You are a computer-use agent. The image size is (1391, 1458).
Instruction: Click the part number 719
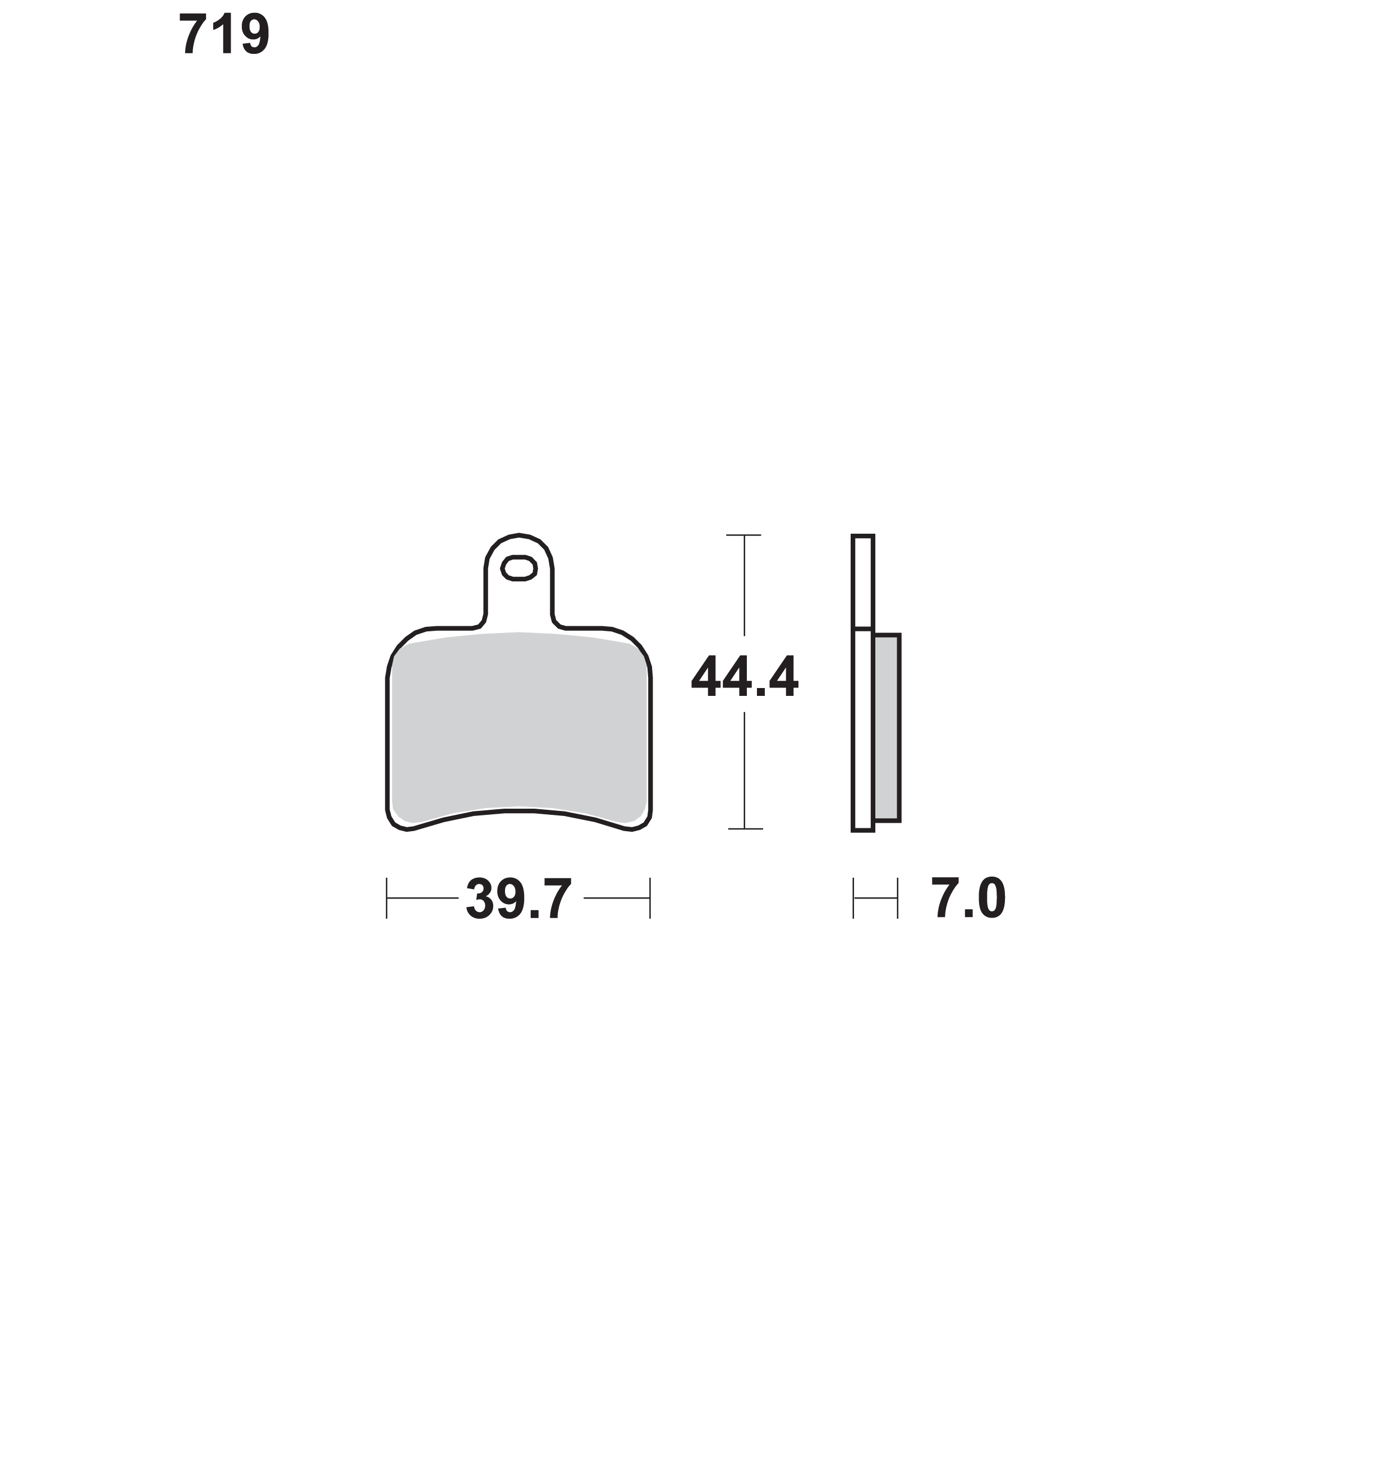[x=224, y=35]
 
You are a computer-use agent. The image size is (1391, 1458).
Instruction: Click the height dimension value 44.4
[x=745, y=676]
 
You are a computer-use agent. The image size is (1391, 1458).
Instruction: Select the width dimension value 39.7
[x=519, y=899]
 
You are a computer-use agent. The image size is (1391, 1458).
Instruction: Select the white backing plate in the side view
[x=863, y=682]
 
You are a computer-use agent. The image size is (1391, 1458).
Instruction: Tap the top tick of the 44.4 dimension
[x=745, y=535]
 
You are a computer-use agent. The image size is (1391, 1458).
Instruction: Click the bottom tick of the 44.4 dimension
[x=745, y=828]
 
